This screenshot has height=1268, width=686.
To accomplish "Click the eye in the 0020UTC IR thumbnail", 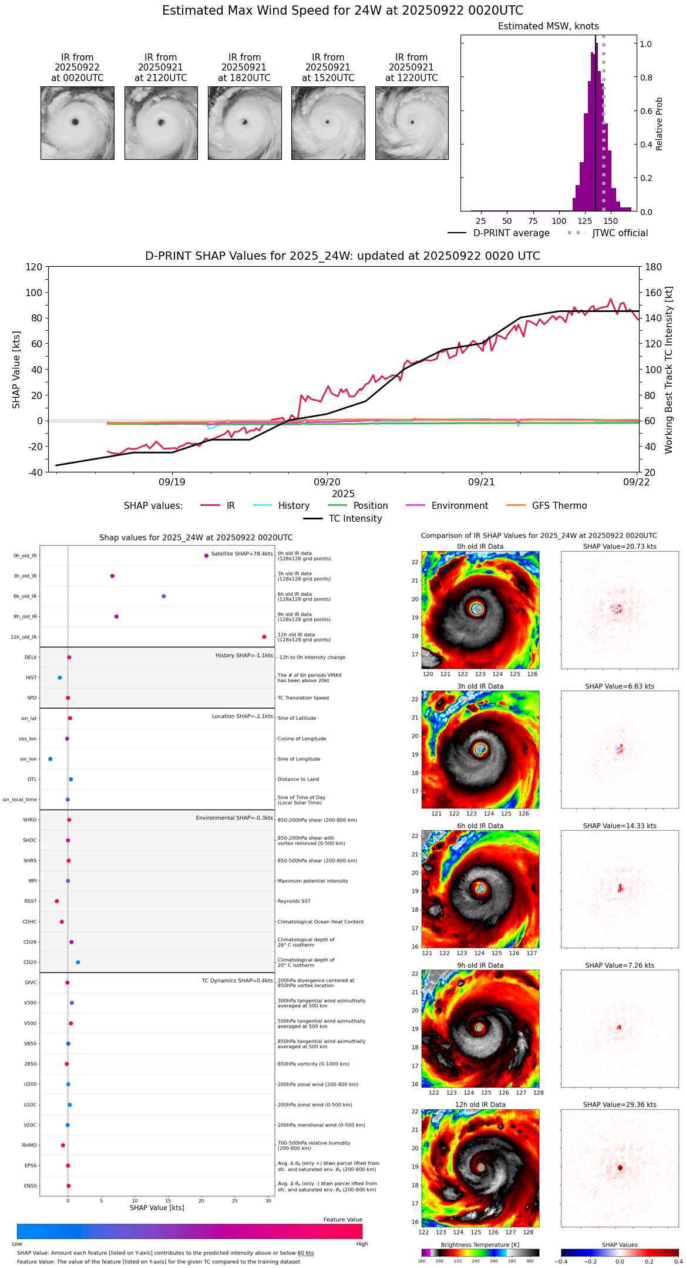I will coord(75,122).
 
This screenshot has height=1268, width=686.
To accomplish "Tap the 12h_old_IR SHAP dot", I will coord(264,637).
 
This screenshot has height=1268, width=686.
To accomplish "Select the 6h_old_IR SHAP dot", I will coord(164,596).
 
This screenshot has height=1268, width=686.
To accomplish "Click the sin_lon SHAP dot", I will coord(51,759).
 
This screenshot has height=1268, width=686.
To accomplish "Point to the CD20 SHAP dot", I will coord(78,962).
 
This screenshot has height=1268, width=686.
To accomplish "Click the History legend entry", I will coord(294,506).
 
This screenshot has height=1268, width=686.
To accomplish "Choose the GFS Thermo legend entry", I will coord(559,506).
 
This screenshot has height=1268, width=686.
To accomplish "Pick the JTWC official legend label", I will coord(620,233).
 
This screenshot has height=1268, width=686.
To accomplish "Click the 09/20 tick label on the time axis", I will coord(327,482).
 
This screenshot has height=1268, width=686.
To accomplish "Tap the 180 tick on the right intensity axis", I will coord(654,267).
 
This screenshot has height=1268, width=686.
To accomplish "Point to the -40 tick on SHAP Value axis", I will coord(35,472).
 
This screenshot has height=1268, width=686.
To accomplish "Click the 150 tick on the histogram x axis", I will coord(611,222).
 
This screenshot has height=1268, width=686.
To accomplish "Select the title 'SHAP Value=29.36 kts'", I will coord(620,1105).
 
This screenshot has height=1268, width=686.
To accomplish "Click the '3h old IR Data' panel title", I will coord(480,686).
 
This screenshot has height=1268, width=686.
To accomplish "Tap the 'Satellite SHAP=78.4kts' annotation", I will coord(242,554).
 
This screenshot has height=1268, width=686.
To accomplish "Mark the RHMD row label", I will coord(29,1145).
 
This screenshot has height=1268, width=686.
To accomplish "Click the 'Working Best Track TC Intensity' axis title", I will coord(669,370).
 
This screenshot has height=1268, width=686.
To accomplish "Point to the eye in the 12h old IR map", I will coord(481,1168).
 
